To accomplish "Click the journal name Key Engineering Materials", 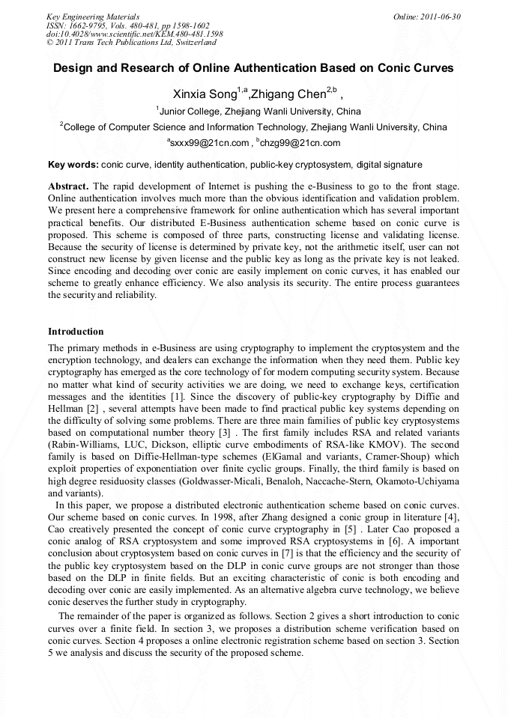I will [x=93, y=16].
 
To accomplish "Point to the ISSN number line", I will [x=127, y=25].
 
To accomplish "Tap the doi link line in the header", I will [x=134, y=34].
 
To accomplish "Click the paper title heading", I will [x=253, y=68].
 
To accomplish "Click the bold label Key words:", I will [x=73, y=165].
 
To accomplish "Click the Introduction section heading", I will [x=76, y=332].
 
